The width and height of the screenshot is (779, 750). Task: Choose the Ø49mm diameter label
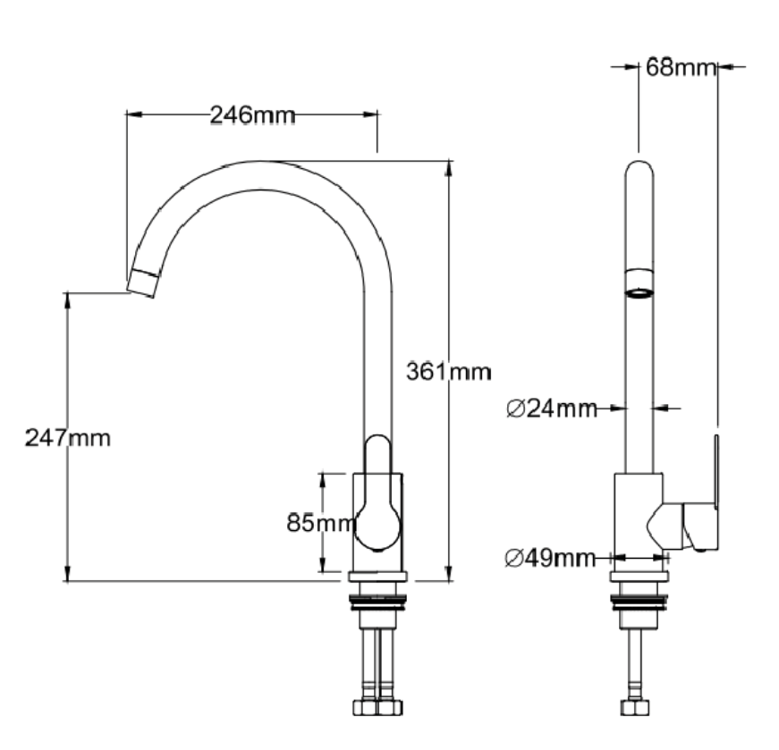(551, 558)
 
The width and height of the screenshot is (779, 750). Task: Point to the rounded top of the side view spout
(638, 170)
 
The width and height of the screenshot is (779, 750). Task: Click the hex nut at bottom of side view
(638, 707)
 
